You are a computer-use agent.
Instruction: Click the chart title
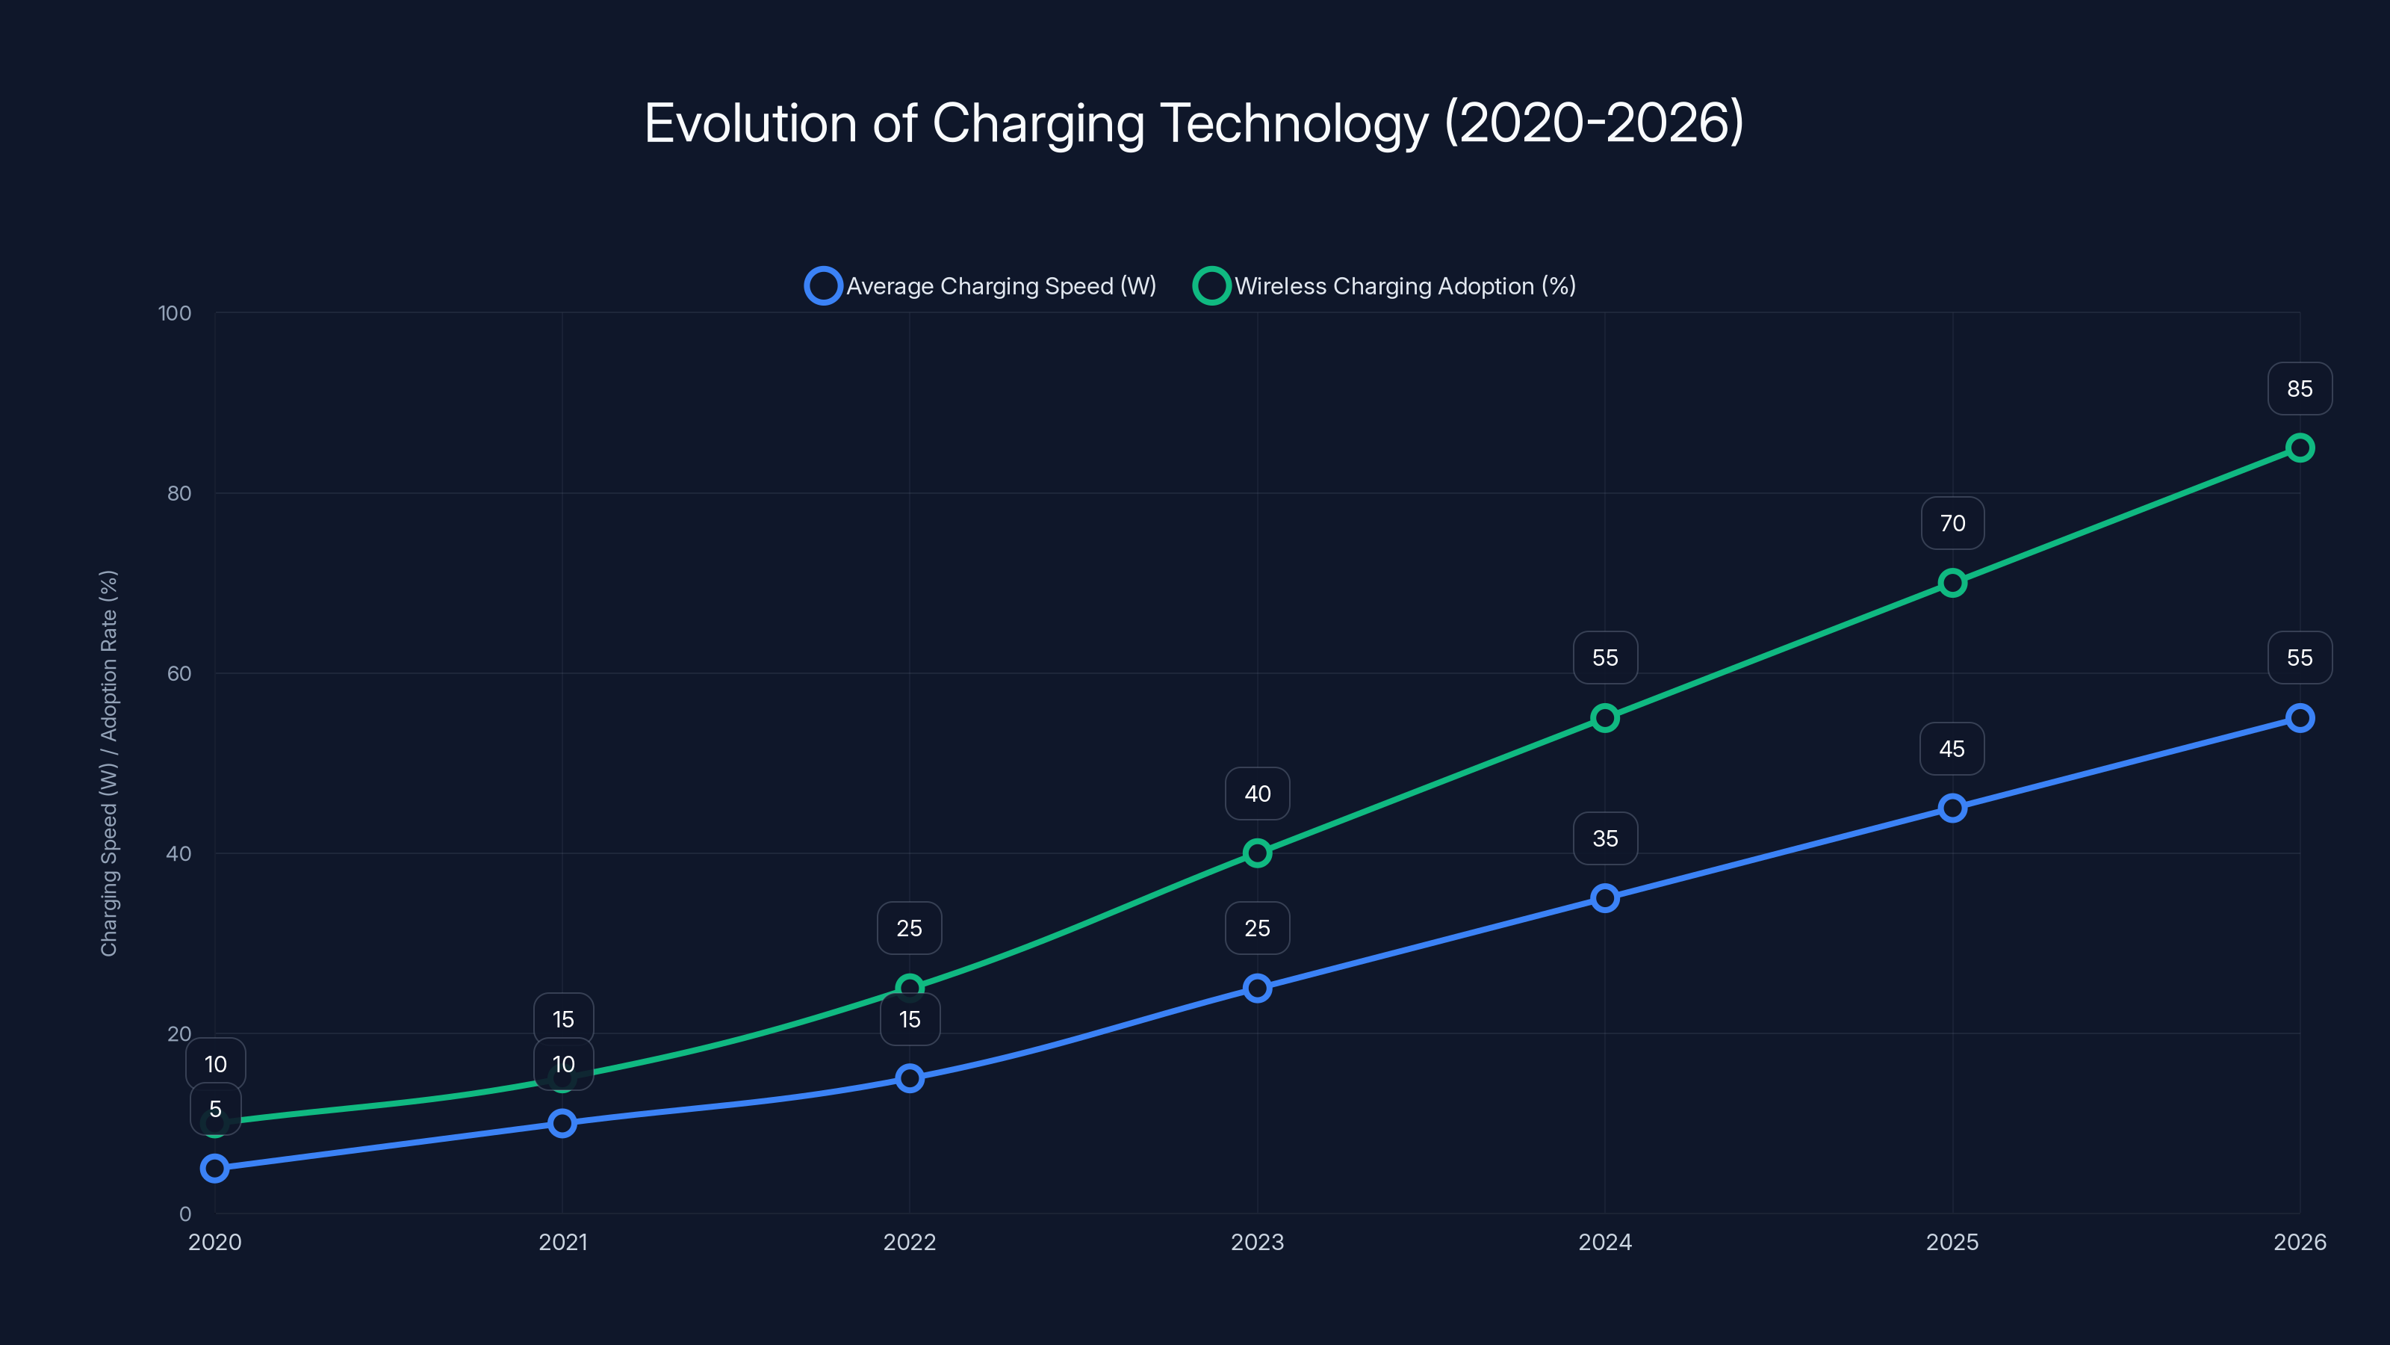tap(1194, 123)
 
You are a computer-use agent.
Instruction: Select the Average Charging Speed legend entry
tap(981, 286)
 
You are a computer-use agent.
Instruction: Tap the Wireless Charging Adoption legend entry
tap(1385, 286)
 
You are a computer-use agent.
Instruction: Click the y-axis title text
tap(110, 762)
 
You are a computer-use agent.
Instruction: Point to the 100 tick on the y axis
tap(175, 314)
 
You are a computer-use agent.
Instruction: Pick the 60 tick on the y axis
tap(179, 674)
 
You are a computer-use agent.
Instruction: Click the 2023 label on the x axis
tap(1257, 1242)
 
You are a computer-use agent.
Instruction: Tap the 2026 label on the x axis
tap(2299, 1242)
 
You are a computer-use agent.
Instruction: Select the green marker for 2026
tap(2299, 448)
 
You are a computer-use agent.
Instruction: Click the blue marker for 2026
tap(2299, 718)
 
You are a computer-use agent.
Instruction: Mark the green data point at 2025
tap(1952, 583)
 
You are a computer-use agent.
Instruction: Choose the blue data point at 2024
tap(1605, 897)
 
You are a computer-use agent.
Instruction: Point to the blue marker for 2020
tap(215, 1168)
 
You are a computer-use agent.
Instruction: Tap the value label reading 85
tap(2299, 389)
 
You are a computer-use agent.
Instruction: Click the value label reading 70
tap(1952, 524)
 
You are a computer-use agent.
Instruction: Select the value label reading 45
tap(1952, 749)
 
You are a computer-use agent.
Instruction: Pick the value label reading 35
tap(1605, 839)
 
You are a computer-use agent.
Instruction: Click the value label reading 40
tap(1257, 794)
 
